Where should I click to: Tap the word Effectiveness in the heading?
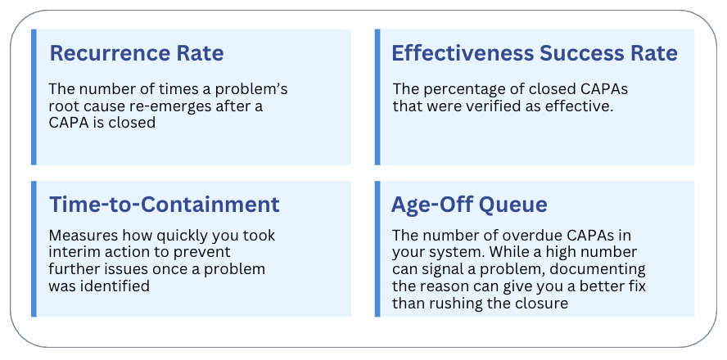[462, 54]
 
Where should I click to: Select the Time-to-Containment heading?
[165, 205]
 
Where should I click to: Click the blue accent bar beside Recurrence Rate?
[34, 97]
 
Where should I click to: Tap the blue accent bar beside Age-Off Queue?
[377, 249]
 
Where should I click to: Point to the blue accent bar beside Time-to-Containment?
[34, 249]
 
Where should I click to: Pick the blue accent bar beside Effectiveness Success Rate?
[377, 97]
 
